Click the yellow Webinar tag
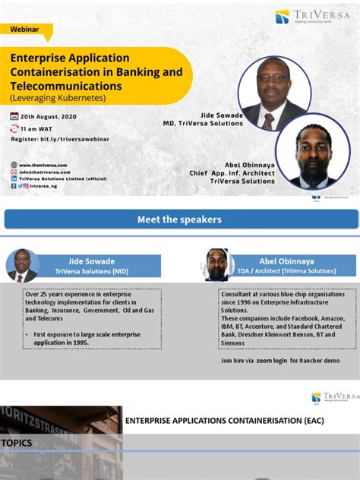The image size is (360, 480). coord(26,29)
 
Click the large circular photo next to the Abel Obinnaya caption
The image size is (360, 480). coord(312,152)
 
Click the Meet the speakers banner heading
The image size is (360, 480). coord(179,219)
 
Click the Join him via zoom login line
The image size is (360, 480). coord(279,360)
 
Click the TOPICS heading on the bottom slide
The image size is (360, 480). coord(17,442)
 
